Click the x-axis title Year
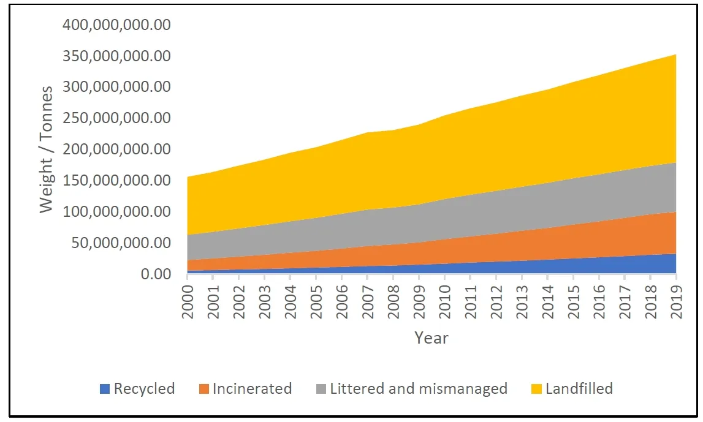click(x=431, y=337)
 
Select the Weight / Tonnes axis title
click(x=47, y=149)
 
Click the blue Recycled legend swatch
click(x=105, y=389)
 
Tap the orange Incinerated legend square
click(x=203, y=389)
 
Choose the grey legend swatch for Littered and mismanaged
click(x=321, y=389)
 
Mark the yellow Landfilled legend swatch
click(x=536, y=389)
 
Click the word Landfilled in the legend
click(x=579, y=388)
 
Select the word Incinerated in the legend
click(x=252, y=388)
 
